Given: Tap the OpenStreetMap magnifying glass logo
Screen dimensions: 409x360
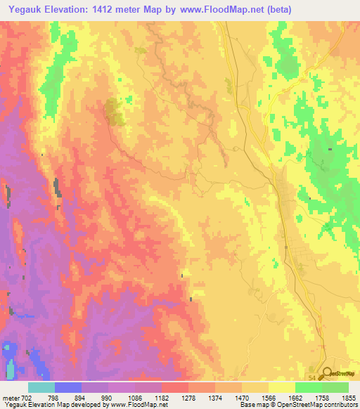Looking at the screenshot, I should [x=327, y=374].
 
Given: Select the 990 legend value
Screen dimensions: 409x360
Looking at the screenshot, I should [x=108, y=397].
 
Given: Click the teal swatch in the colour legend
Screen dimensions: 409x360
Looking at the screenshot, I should [x=41, y=387].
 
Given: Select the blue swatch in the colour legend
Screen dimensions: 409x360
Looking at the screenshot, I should [x=67, y=387].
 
